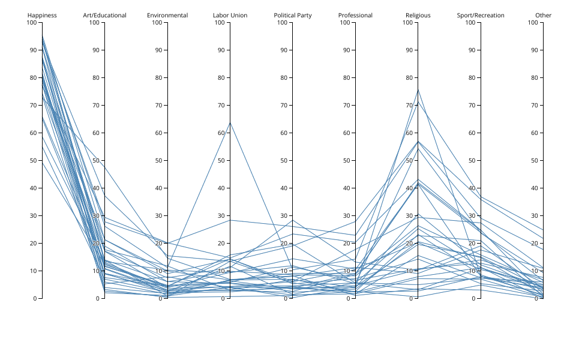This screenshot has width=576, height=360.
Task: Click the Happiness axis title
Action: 42,15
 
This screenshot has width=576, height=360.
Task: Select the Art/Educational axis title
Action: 104,15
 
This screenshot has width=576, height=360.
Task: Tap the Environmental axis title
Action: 167,15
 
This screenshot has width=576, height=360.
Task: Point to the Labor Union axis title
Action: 230,15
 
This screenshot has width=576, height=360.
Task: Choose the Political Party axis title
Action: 293,15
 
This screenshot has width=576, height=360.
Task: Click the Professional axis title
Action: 355,15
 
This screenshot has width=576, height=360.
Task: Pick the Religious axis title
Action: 418,15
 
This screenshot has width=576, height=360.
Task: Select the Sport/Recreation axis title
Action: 481,15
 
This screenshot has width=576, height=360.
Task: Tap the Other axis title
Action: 543,15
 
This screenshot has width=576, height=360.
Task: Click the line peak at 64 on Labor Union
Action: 230,122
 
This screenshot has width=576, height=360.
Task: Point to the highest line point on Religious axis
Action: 418,89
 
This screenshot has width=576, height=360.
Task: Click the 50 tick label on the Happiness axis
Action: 33,160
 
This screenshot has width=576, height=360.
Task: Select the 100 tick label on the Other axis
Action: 532,23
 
